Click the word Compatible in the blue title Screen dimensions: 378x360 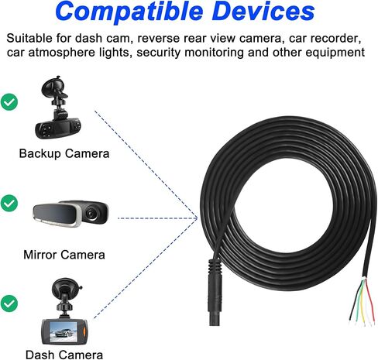(129, 12)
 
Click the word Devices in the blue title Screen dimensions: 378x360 (264, 11)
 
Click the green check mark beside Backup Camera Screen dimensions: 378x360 (9, 102)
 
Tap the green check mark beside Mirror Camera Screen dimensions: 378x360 (9, 203)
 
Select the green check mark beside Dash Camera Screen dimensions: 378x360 (9, 303)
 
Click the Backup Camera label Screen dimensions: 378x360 (64, 154)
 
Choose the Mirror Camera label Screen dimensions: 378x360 (64, 255)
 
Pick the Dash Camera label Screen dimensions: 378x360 (64, 355)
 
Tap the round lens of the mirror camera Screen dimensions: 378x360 (91, 213)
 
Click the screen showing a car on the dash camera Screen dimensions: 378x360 (64, 332)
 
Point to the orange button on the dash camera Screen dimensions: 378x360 (84, 331)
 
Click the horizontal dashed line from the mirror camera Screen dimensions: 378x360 (157, 218)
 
